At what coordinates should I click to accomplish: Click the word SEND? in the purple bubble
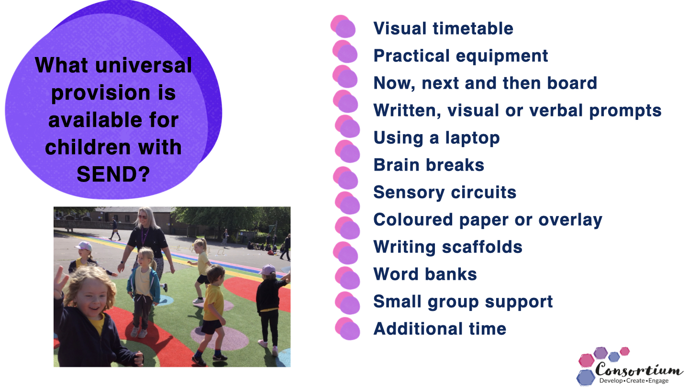tap(113, 174)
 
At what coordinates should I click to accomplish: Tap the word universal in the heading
tap(144, 65)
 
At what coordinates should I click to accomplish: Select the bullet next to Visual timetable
tap(343, 26)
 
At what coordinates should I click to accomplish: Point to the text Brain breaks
tap(429, 165)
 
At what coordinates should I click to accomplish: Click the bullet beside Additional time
tap(347, 329)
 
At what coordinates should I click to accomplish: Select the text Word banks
tap(425, 274)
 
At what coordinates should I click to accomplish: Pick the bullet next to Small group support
tap(347, 303)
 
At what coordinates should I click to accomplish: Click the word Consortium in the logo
tap(639, 369)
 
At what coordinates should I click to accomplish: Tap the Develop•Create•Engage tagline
tap(633, 381)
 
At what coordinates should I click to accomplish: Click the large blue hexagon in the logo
tap(586, 377)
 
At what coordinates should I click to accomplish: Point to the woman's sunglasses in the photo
tap(143, 217)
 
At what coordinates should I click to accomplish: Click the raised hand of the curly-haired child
tap(61, 282)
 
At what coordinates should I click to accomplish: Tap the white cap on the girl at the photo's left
tap(84, 246)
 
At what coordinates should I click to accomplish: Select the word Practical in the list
tap(411, 56)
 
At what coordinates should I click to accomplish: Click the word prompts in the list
tap(625, 111)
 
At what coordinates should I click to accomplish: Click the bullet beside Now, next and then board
tap(345, 76)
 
